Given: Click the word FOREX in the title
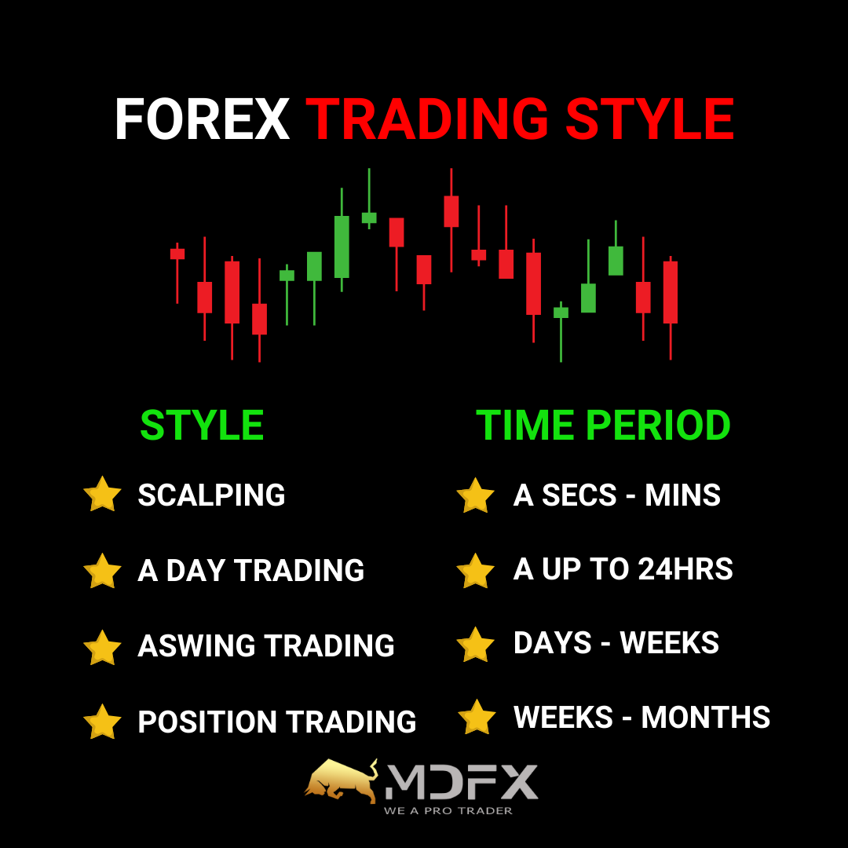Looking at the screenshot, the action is click(203, 119).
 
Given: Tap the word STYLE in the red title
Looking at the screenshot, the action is click(649, 119).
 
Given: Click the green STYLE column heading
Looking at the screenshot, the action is click(202, 425).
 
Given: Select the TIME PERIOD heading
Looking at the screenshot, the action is click(603, 425).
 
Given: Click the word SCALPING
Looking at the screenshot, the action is click(211, 495).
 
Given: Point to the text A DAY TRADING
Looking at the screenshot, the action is click(251, 570).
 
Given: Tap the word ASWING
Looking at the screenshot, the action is click(196, 645).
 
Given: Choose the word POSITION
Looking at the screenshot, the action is click(207, 722).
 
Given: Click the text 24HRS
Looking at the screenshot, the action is click(685, 569).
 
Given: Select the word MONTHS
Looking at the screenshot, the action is click(706, 717).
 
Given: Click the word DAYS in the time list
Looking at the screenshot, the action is click(552, 643).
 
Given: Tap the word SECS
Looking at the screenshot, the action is click(579, 495).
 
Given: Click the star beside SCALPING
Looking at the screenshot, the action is click(102, 495).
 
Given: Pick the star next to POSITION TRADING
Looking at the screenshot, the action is click(102, 722).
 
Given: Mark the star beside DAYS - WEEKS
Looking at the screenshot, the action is click(475, 645).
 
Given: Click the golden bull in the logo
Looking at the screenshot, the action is click(342, 780).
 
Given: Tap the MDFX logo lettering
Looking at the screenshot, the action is click(462, 782).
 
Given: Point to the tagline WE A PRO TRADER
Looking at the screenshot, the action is click(448, 810).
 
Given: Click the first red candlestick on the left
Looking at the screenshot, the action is click(177, 273).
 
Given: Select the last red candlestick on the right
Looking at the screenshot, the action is click(671, 308).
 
